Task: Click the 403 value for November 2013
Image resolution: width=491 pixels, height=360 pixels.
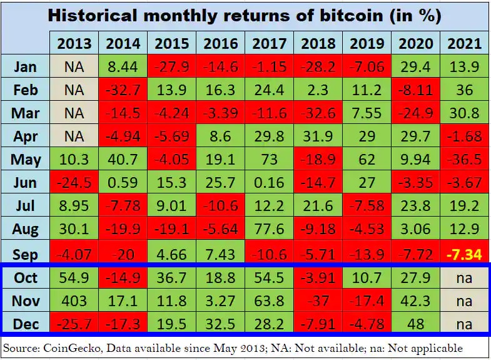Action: pyautogui.click(x=74, y=301)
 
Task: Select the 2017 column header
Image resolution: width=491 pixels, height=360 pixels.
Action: pyautogui.click(x=269, y=44)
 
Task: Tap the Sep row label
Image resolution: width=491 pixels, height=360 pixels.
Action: pyautogui.click(x=26, y=255)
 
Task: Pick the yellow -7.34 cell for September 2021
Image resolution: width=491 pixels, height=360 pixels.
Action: pyautogui.click(x=464, y=255)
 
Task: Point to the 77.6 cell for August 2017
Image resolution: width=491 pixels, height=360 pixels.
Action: pyautogui.click(x=269, y=231)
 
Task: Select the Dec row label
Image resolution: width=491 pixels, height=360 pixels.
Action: pyautogui.click(x=26, y=324)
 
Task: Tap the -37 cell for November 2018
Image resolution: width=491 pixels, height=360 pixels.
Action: pyautogui.click(x=318, y=301)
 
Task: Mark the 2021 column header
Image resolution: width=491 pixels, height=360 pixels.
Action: pyautogui.click(x=464, y=44)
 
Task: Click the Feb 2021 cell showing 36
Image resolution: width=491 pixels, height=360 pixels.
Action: pyautogui.click(x=464, y=90)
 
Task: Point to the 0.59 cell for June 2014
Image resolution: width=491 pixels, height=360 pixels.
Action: pyautogui.click(x=123, y=183)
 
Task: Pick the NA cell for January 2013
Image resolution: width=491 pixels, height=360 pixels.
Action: pyautogui.click(x=74, y=66)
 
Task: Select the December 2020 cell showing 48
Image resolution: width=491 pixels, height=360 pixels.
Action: pyautogui.click(x=415, y=324)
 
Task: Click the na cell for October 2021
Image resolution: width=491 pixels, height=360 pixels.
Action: pyautogui.click(x=464, y=278)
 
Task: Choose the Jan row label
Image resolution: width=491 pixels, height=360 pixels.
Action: pyautogui.click(x=26, y=66)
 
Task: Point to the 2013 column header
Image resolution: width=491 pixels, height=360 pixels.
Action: pyautogui.click(x=74, y=44)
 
